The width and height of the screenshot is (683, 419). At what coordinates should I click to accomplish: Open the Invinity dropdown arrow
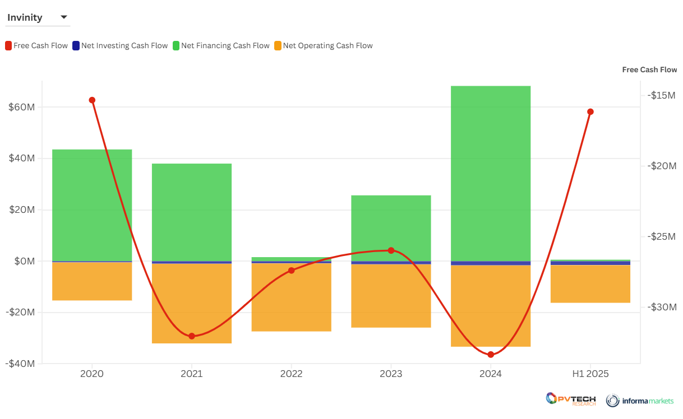64,17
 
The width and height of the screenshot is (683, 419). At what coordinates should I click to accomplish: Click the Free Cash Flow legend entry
36,46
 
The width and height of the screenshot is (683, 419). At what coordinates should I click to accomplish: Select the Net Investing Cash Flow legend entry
120,46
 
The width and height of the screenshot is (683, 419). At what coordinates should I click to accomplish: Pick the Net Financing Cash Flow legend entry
221,46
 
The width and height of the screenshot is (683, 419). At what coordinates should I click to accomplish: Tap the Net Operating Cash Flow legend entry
324,46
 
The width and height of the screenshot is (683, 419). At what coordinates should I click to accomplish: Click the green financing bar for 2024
491,174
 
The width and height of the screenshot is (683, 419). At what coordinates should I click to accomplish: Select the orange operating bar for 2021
192,303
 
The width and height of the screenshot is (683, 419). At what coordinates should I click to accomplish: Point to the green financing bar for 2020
92,205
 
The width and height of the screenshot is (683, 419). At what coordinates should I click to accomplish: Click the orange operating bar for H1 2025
590,284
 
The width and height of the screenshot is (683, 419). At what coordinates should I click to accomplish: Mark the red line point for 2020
92,100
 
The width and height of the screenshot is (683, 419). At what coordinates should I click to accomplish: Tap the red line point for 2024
491,355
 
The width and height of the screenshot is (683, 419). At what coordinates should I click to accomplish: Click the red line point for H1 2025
590,111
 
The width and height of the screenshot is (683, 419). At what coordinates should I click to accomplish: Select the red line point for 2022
291,271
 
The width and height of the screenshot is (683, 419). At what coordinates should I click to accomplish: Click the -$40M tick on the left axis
21,364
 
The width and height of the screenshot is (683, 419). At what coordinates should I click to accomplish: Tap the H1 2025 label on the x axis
590,374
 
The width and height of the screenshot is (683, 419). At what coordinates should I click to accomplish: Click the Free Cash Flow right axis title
649,70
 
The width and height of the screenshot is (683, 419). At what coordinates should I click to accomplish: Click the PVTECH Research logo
571,399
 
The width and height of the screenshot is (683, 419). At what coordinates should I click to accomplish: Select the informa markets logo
640,400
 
